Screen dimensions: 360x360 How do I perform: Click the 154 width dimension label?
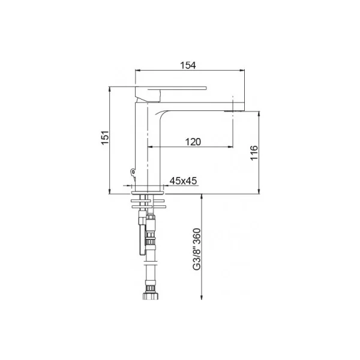tap(188, 65)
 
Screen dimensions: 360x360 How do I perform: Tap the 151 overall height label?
tap(104, 138)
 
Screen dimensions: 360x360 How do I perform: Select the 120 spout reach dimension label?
tap(193, 142)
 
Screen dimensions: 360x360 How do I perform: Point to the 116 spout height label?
tap(254, 153)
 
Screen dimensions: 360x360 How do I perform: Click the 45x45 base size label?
tap(183, 181)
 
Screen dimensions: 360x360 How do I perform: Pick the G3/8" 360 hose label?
tap(197, 249)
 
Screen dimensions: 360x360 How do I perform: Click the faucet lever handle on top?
tap(171, 91)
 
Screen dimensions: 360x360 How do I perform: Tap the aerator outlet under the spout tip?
tap(234, 112)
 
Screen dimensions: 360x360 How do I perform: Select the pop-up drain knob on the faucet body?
tap(132, 172)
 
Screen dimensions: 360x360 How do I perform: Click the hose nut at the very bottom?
tap(151, 296)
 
